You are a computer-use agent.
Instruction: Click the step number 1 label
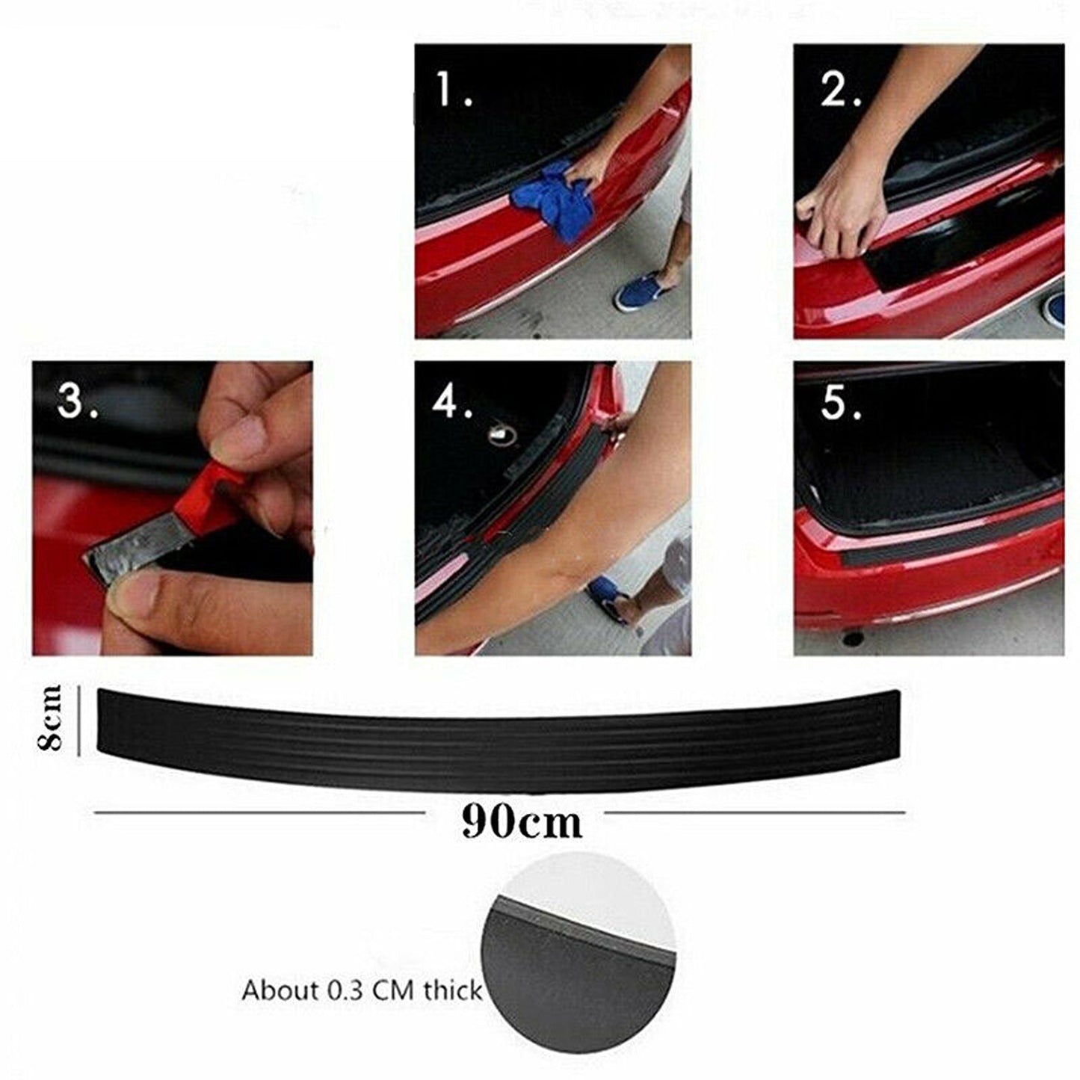coord(453,90)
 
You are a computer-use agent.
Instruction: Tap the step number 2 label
coord(841,90)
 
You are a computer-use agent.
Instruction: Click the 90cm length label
coord(521,822)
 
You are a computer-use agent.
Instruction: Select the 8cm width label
coord(52,718)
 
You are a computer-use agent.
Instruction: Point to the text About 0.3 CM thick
coord(362,991)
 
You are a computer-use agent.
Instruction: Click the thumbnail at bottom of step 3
coord(138,598)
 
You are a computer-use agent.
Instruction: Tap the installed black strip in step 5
coord(934,542)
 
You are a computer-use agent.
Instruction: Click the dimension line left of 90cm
coord(258,812)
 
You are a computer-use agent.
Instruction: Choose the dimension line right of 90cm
coord(755,812)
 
